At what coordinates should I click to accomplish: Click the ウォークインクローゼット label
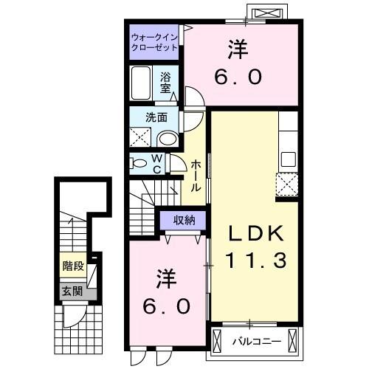pos(154,41)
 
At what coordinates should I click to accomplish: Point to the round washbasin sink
pos(168,139)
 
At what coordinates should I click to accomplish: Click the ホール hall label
pos(196,176)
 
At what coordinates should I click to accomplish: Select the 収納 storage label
pos(184,219)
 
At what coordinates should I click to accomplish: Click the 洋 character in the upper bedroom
pos(235,49)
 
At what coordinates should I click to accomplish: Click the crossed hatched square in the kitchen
pos(286,184)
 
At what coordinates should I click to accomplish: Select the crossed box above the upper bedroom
pos(266,13)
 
